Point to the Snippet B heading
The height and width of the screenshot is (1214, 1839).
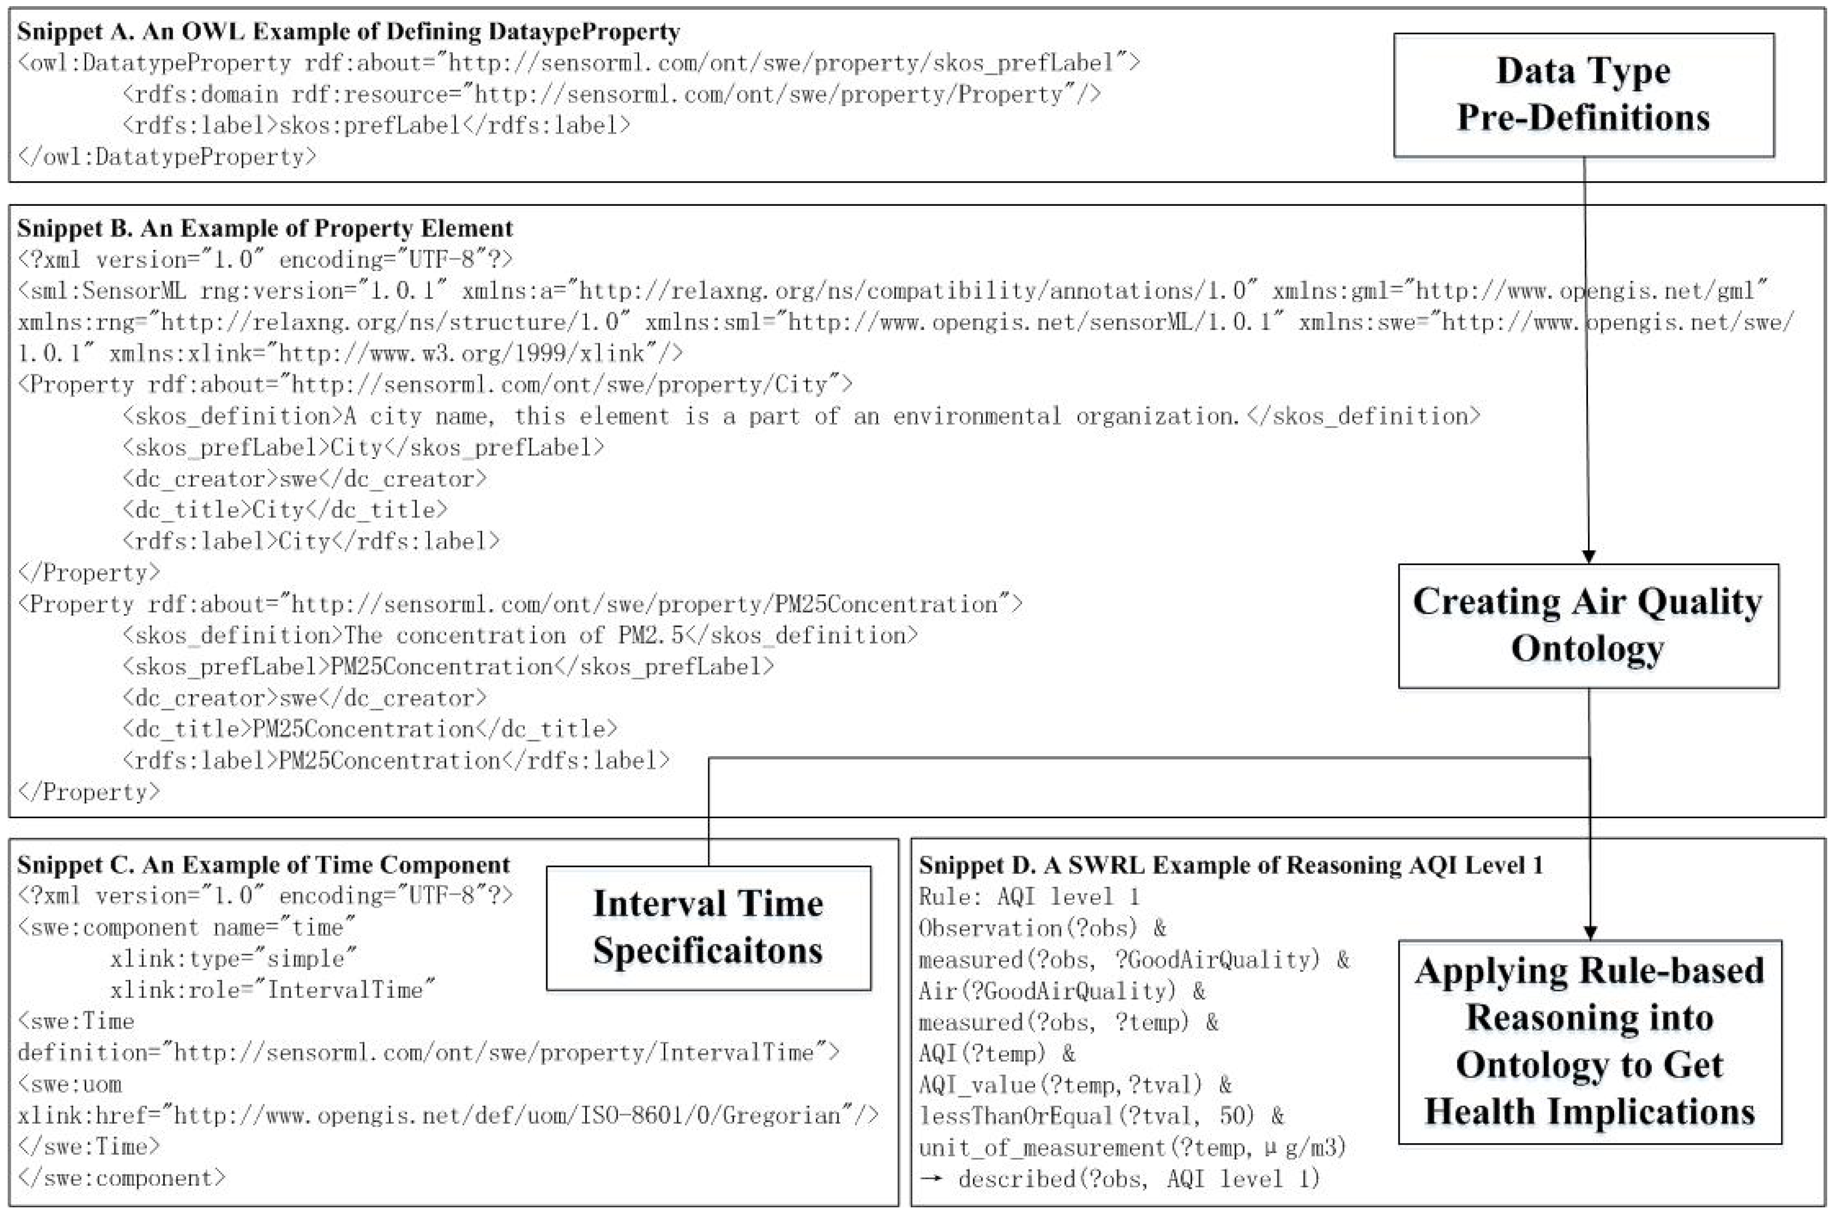point(265,228)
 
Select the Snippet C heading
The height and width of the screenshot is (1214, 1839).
point(263,865)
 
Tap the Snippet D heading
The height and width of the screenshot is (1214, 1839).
point(1231,865)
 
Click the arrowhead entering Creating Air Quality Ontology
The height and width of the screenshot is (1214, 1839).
point(1588,556)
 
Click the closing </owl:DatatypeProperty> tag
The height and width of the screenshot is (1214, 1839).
point(167,157)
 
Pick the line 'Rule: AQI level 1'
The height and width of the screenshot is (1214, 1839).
point(1029,897)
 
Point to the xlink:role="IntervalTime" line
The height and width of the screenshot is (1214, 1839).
point(273,990)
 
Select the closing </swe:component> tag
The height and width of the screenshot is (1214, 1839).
point(122,1179)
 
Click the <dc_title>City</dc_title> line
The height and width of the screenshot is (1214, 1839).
point(284,510)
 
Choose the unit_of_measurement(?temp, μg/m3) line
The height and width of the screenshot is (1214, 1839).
point(1132,1147)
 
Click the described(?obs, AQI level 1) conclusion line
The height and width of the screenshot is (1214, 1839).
point(1119,1179)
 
